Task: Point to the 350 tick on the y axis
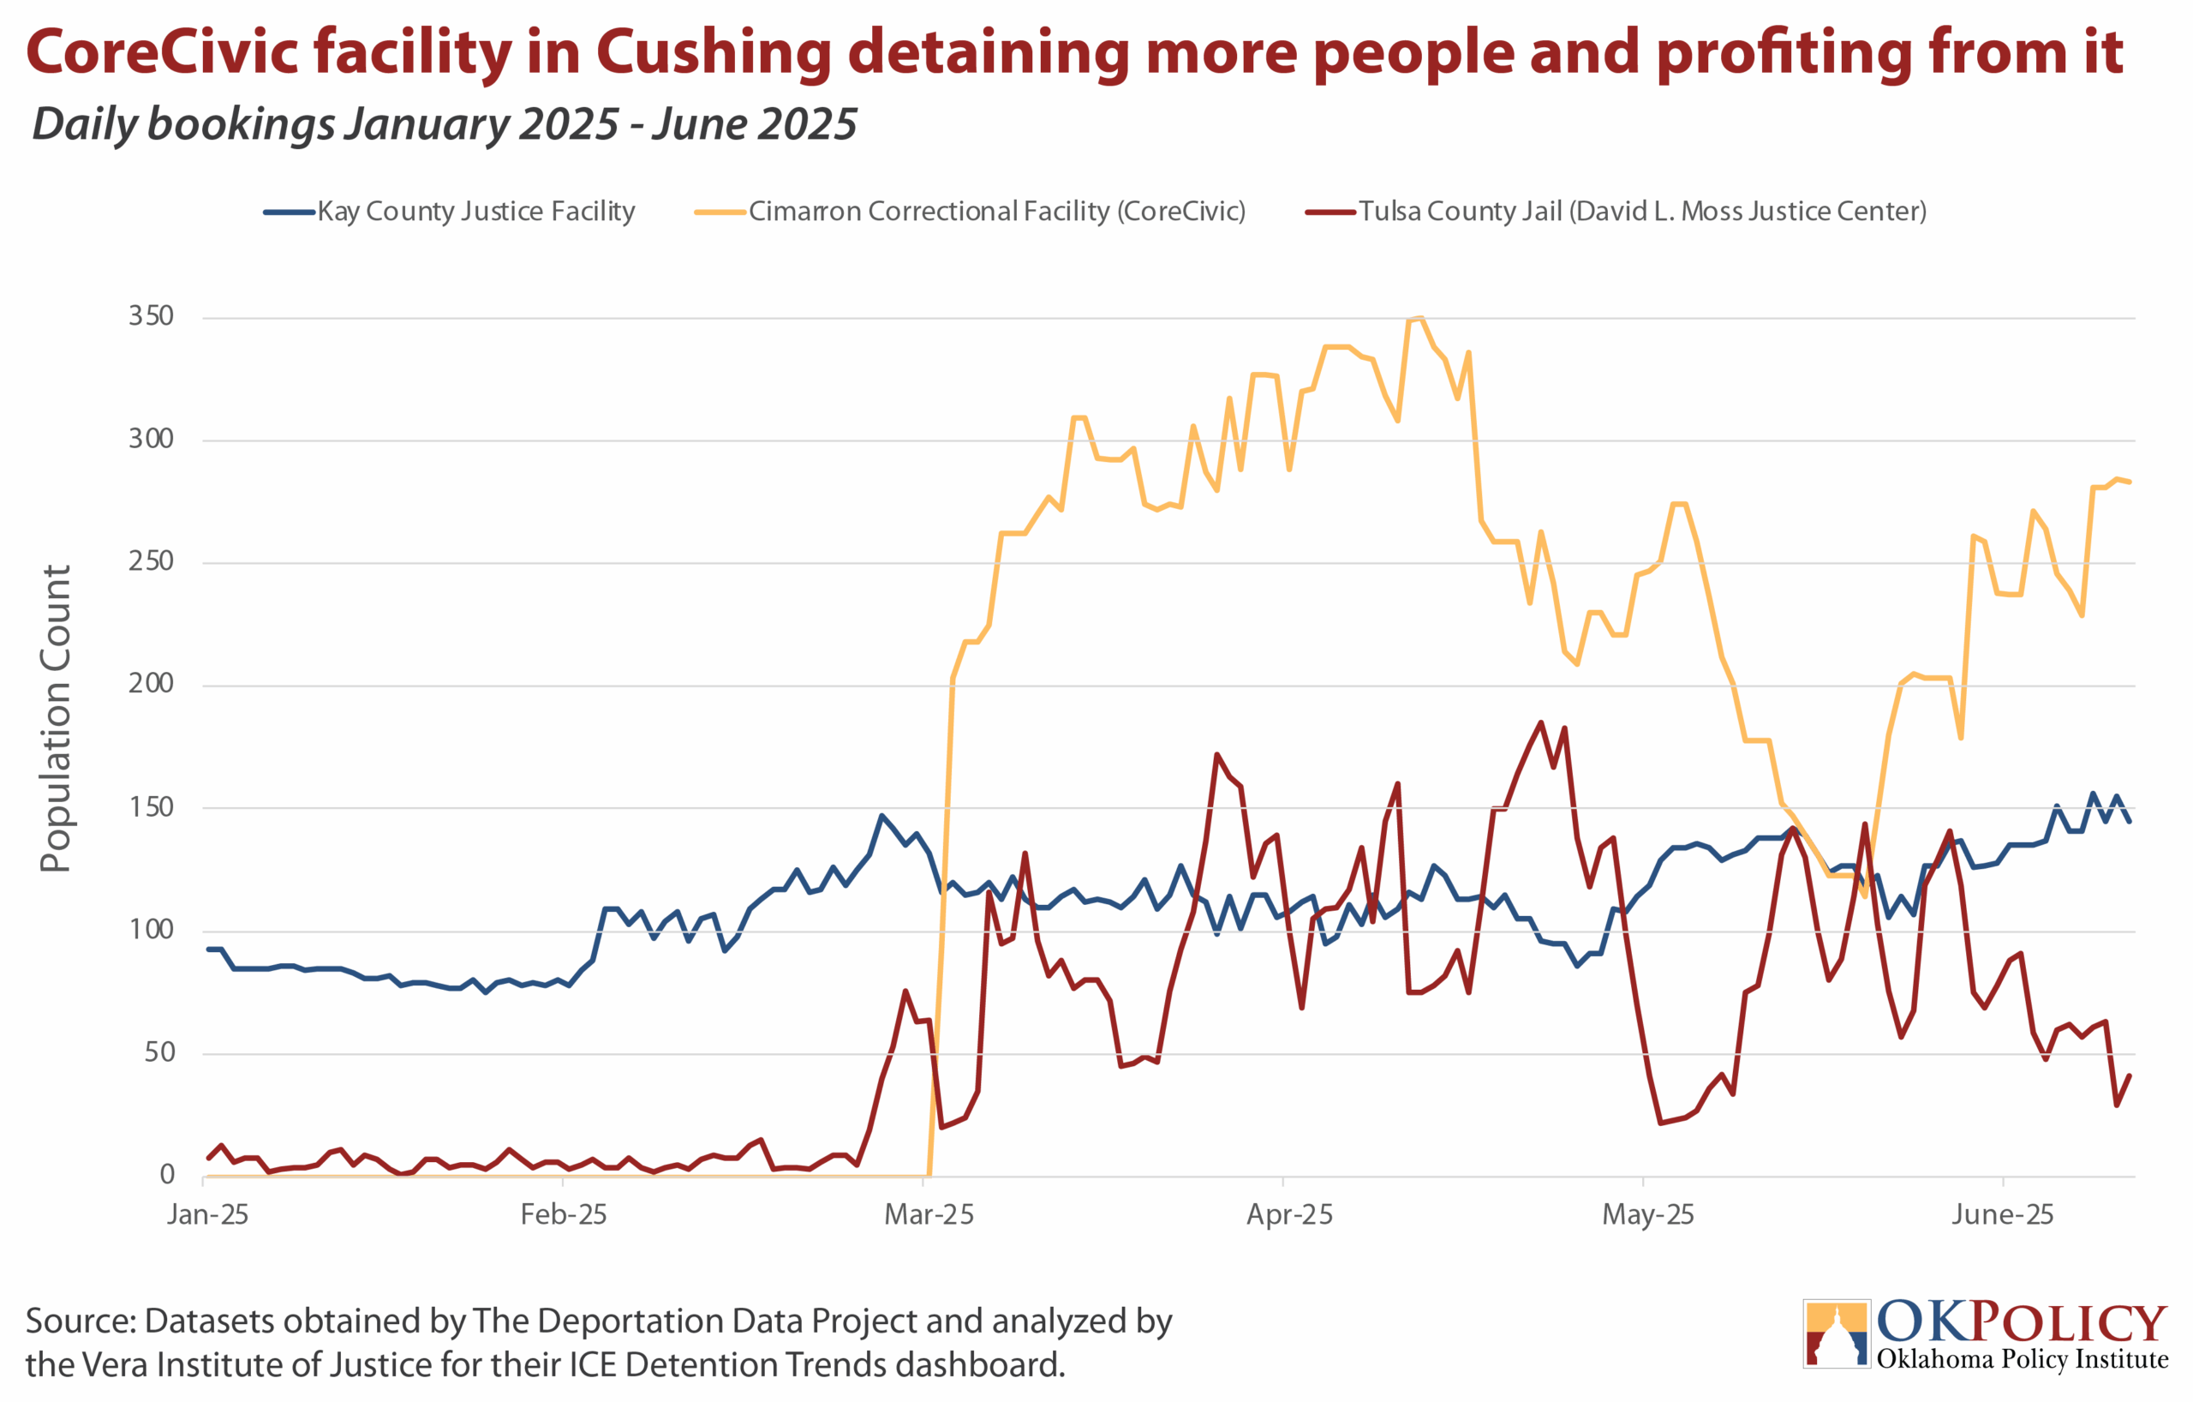pos(151,316)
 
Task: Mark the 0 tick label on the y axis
pos(168,1175)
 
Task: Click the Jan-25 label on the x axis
pos(207,1214)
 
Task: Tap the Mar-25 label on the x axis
pos(929,1214)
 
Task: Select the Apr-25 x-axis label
pos(1289,1214)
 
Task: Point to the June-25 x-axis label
pos(2003,1214)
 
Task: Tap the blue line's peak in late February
pos(881,815)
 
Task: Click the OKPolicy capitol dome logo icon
pos(1836,1333)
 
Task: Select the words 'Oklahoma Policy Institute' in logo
pos(2022,1359)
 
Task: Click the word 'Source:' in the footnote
pos(81,1321)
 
